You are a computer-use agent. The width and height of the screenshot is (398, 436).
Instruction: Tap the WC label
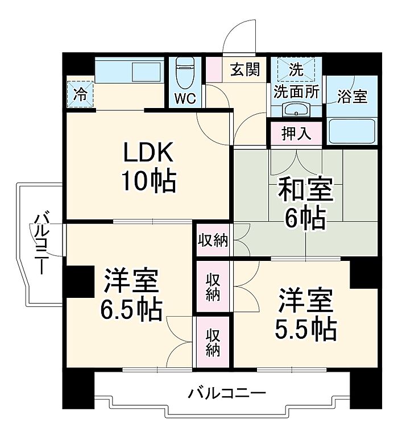[x=185, y=98]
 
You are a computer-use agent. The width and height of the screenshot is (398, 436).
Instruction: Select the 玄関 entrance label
[x=245, y=69]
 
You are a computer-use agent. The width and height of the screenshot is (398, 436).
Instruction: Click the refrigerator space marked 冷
[x=80, y=94]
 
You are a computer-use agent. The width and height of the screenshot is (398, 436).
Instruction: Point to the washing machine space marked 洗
[x=296, y=69]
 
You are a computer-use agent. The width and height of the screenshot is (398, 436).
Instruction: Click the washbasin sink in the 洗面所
[x=296, y=110]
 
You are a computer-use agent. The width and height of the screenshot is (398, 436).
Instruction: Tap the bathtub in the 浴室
[x=351, y=131]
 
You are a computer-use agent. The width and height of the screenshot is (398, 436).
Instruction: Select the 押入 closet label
[x=296, y=134]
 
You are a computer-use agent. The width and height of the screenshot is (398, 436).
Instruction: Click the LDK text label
[x=148, y=152]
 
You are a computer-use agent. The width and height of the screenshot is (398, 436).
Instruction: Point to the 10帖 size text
[x=149, y=181]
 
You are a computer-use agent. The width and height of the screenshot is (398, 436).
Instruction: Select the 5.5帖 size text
[x=306, y=330]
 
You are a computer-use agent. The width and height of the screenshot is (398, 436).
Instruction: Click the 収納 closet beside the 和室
[x=213, y=240]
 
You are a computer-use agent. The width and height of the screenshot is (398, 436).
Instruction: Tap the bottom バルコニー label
[x=227, y=393]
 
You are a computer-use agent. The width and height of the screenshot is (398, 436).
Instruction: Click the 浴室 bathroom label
[x=352, y=96]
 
